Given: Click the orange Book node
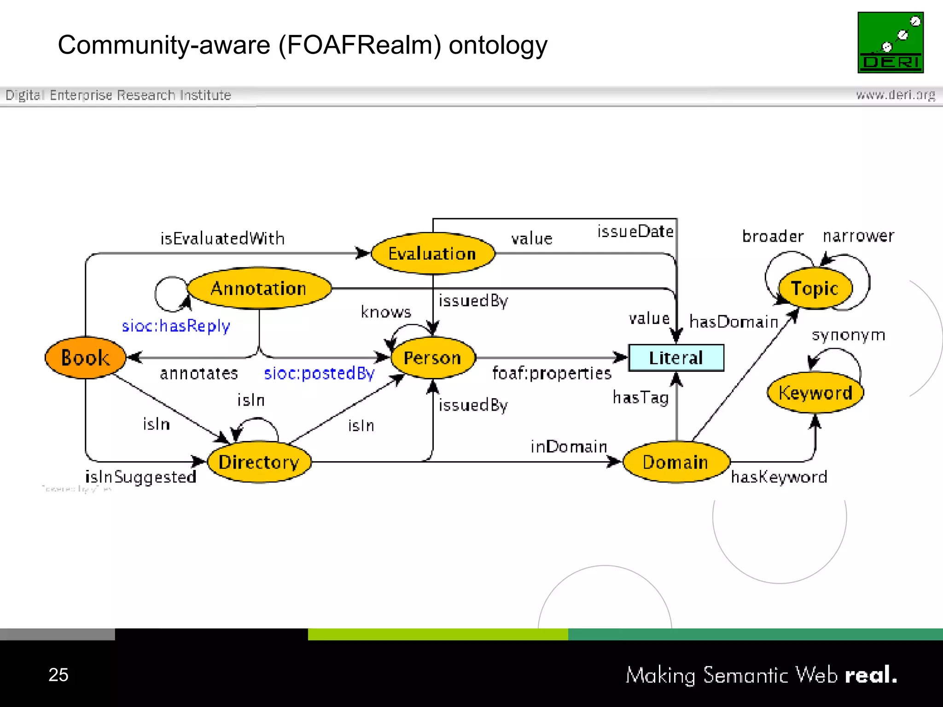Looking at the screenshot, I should (86, 358).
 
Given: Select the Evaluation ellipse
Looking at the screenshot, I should (432, 254).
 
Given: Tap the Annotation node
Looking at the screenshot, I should (259, 289).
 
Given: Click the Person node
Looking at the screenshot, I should (432, 358).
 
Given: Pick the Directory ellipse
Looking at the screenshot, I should (259, 462).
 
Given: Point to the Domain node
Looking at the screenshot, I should (675, 462).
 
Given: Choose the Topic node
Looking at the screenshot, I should (815, 289).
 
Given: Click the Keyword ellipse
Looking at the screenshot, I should (815, 393).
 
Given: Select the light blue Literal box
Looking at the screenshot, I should (676, 358).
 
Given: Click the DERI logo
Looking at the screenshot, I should (891, 42).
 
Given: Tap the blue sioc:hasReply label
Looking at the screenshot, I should (175, 326).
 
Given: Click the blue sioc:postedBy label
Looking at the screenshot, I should (319, 373).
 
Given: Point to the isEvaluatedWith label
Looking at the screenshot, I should (222, 238).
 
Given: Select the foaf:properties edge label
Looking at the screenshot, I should (552, 373).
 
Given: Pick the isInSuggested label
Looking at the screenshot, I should (141, 477).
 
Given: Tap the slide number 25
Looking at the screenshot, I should (58, 675).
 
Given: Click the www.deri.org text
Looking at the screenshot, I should (895, 95).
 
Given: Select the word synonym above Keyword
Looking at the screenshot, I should (848, 335).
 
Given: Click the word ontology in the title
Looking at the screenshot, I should (498, 46).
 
